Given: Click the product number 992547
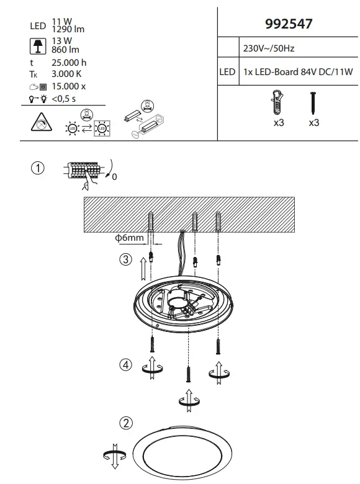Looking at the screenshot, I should [x=289, y=24].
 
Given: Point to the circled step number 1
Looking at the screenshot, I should [x=38, y=169].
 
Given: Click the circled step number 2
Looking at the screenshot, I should [x=125, y=423].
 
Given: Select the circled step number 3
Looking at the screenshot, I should [x=126, y=260].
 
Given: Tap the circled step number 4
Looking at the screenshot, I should [x=126, y=365].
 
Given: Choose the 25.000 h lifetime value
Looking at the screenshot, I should [x=69, y=63].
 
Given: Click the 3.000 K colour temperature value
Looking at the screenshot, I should [x=66, y=74].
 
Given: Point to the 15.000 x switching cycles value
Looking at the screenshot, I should [x=68, y=86].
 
